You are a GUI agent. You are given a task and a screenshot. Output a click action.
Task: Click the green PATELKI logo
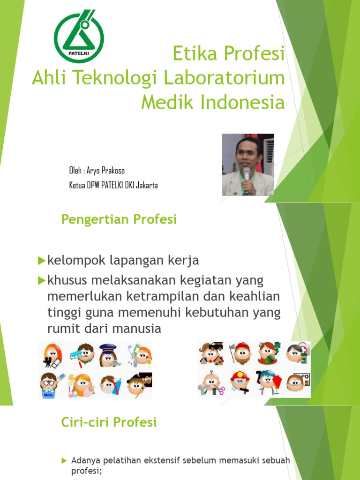point(79,37)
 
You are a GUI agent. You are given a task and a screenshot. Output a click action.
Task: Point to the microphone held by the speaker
point(247,173)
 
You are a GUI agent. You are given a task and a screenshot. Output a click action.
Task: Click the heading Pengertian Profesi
point(119,219)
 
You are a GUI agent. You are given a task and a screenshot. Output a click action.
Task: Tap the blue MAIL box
point(47,395)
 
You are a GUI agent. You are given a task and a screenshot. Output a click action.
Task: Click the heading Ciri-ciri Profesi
point(109,422)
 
